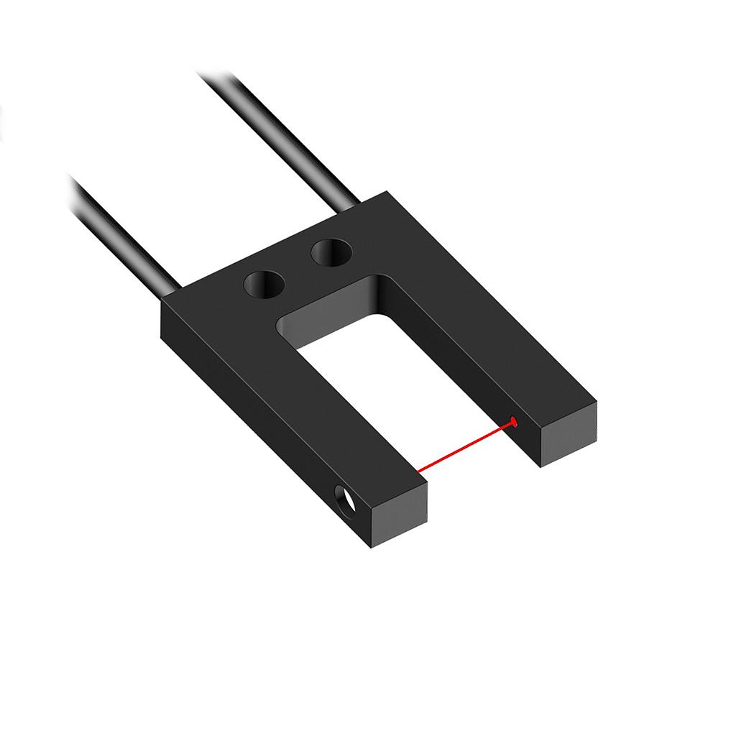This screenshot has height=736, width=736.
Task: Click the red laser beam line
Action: coord(466,448)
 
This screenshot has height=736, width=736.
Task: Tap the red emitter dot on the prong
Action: coord(513,421)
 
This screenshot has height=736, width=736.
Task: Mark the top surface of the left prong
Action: coord(302,388)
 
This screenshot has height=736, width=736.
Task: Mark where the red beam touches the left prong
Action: coord(419,472)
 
